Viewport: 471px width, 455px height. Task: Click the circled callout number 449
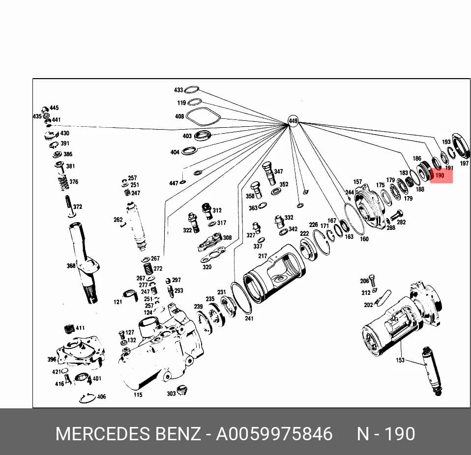coord(293,121)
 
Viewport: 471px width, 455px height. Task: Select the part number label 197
coord(464,163)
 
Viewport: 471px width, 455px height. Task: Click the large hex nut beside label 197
coord(462,146)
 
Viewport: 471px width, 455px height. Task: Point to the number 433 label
coord(178,90)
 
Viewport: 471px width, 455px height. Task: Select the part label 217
coord(263,256)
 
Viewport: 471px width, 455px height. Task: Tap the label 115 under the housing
coord(138,395)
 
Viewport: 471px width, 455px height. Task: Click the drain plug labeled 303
coord(181,390)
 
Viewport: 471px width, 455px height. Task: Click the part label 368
coord(71,266)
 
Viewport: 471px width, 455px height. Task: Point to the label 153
coord(400,360)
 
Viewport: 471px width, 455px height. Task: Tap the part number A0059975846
coord(274,434)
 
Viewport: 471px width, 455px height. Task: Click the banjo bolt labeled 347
coord(268,173)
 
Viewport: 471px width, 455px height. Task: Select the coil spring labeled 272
coord(148,270)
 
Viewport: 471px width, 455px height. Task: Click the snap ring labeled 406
coord(87,398)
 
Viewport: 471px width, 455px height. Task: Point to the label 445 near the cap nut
coord(54,108)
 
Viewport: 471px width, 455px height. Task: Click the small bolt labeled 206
coord(372,280)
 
